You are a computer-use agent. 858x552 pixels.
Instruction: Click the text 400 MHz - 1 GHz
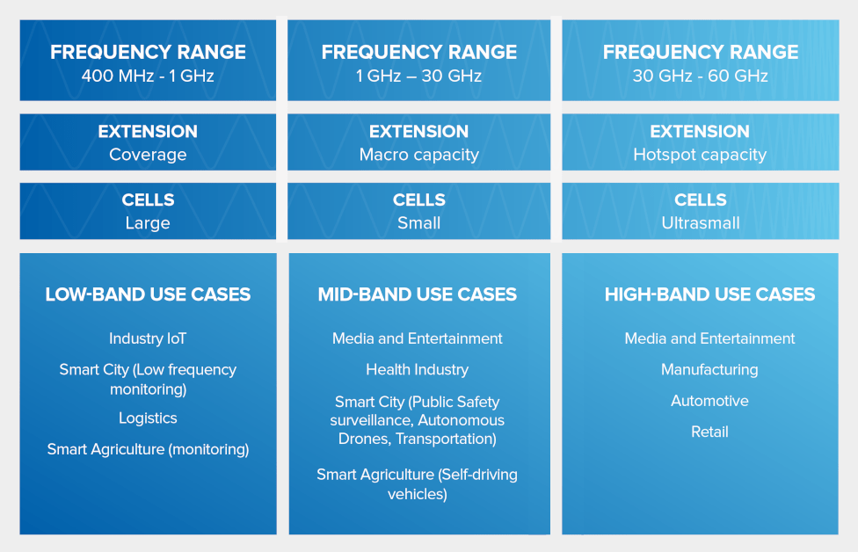coord(148,76)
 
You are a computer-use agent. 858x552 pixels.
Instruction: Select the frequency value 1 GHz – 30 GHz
coord(418,76)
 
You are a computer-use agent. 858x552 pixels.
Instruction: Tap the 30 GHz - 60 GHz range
coord(700,76)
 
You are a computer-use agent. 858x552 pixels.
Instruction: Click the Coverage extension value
coord(148,155)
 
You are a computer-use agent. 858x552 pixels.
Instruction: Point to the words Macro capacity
coord(418,155)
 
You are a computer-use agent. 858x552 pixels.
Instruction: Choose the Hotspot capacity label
coord(700,155)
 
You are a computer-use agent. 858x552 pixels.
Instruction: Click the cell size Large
coord(148,223)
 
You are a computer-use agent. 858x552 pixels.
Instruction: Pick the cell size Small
coord(418,223)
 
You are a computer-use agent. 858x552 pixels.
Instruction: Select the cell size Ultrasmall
coord(700,223)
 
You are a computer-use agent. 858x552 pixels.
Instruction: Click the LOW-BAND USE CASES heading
coord(148,294)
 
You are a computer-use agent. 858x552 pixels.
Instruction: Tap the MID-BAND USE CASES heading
coord(418,294)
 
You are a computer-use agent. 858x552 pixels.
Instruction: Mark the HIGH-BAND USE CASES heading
coord(709,294)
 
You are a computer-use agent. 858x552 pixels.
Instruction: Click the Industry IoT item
coord(148,338)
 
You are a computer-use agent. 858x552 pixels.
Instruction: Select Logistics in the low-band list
coord(148,418)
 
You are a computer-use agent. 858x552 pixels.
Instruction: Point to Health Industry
coord(418,370)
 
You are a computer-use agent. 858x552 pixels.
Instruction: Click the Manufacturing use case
coord(709,370)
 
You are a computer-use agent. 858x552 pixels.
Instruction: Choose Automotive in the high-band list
coord(709,401)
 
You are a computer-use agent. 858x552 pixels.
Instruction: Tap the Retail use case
coord(709,432)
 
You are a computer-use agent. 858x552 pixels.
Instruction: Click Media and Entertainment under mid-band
coord(418,338)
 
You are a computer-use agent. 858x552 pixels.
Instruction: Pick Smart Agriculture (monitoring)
coord(148,449)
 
